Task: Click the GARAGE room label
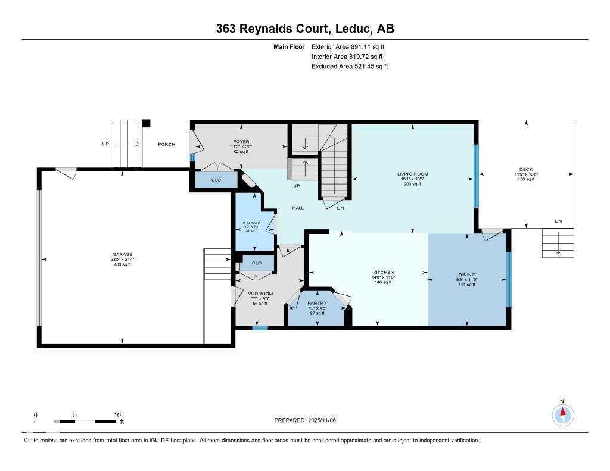[x=123, y=254]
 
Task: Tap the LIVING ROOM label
[x=413, y=174]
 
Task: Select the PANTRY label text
[x=317, y=303]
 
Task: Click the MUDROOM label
[x=260, y=294]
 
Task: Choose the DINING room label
[x=466, y=275]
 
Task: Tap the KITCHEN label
[x=382, y=272]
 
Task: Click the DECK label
[x=526, y=169]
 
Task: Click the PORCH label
[x=166, y=144]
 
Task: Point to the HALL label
[x=298, y=208]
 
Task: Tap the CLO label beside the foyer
[x=216, y=179]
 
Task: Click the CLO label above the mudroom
[x=256, y=263]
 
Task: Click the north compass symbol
[x=562, y=414]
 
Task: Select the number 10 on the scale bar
[x=117, y=415]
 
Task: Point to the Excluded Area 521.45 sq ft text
[x=350, y=67]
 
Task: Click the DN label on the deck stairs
[x=558, y=222]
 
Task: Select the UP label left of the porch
[x=106, y=144]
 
